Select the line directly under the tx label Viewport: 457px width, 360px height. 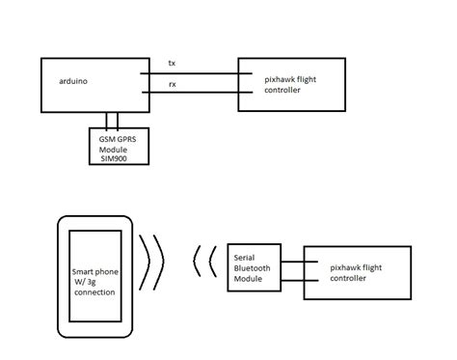(189, 71)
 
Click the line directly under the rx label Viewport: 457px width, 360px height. (189, 93)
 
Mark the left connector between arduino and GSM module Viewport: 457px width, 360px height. (105, 120)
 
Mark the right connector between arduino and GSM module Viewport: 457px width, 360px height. (117, 120)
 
